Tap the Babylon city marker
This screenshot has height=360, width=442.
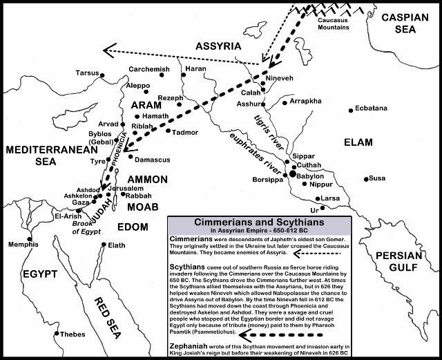(x=294, y=176)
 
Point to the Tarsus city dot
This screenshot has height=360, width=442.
(x=102, y=74)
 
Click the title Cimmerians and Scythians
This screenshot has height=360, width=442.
(x=259, y=223)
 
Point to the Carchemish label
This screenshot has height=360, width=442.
(x=148, y=70)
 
